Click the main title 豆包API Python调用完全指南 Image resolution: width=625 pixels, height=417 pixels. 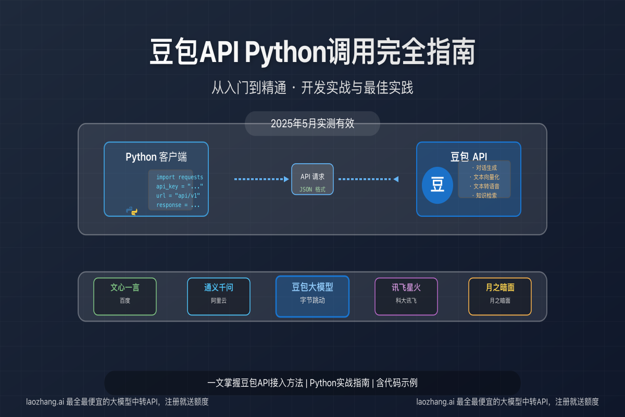[312, 52]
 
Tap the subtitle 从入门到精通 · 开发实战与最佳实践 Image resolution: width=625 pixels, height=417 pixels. [312, 88]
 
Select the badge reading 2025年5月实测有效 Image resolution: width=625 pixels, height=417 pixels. [312, 124]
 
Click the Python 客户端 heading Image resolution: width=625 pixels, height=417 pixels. [156, 157]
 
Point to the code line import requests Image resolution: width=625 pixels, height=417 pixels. [180, 177]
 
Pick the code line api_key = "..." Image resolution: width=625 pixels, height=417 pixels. [180, 186]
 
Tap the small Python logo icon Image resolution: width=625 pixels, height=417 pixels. [132, 211]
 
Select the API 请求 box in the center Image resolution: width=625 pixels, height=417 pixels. [312, 179]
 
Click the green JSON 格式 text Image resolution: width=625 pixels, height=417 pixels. [312, 189]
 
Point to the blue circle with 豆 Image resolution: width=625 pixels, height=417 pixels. [437, 185]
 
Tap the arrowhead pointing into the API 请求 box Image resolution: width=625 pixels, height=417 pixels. [286, 179]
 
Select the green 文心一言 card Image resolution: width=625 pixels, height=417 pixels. [125, 297]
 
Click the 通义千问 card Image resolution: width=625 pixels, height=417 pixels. [219, 297]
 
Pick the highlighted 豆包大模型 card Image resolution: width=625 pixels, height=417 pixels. [312, 297]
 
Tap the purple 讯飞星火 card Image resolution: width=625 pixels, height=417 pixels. [406, 297]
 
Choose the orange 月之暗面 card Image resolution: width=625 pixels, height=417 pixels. [500, 297]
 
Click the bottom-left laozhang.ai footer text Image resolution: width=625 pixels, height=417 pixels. [117, 402]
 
